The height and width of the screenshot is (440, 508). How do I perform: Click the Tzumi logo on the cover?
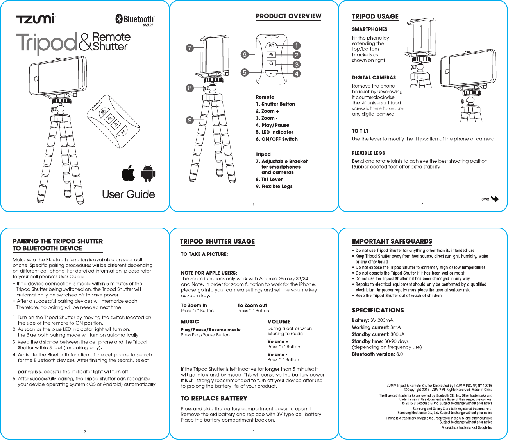(x=36, y=18)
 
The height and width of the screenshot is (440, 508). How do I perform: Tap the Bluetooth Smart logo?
(x=135, y=20)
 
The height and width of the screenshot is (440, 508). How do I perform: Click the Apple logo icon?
(x=128, y=173)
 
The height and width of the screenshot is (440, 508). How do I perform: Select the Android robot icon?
(x=148, y=173)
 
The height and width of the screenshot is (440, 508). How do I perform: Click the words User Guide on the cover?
(x=128, y=194)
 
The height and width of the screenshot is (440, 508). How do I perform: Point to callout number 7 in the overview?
(x=190, y=48)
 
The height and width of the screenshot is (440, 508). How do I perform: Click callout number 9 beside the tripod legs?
(x=190, y=120)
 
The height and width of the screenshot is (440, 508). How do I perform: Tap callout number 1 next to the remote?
(x=297, y=46)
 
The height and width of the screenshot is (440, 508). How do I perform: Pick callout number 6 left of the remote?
(x=245, y=54)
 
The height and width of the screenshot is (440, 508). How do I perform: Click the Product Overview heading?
(x=288, y=16)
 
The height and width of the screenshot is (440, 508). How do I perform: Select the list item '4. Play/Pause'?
(x=272, y=125)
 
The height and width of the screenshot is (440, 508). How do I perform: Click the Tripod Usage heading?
(x=375, y=17)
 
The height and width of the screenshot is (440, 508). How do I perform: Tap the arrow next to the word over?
(x=495, y=199)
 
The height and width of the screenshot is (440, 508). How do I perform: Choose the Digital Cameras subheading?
(x=374, y=77)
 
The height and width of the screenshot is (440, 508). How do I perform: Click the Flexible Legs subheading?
(x=368, y=153)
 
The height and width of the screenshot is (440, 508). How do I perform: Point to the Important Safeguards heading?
(x=392, y=241)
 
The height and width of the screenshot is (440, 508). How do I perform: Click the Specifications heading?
(x=378, y=310)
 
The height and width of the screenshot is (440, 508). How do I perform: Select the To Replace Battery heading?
(x=214, y=398)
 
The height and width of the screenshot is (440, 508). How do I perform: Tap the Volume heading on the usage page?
(x=279, y=321)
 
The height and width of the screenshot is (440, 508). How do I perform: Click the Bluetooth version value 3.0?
(x=399, y=354)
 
